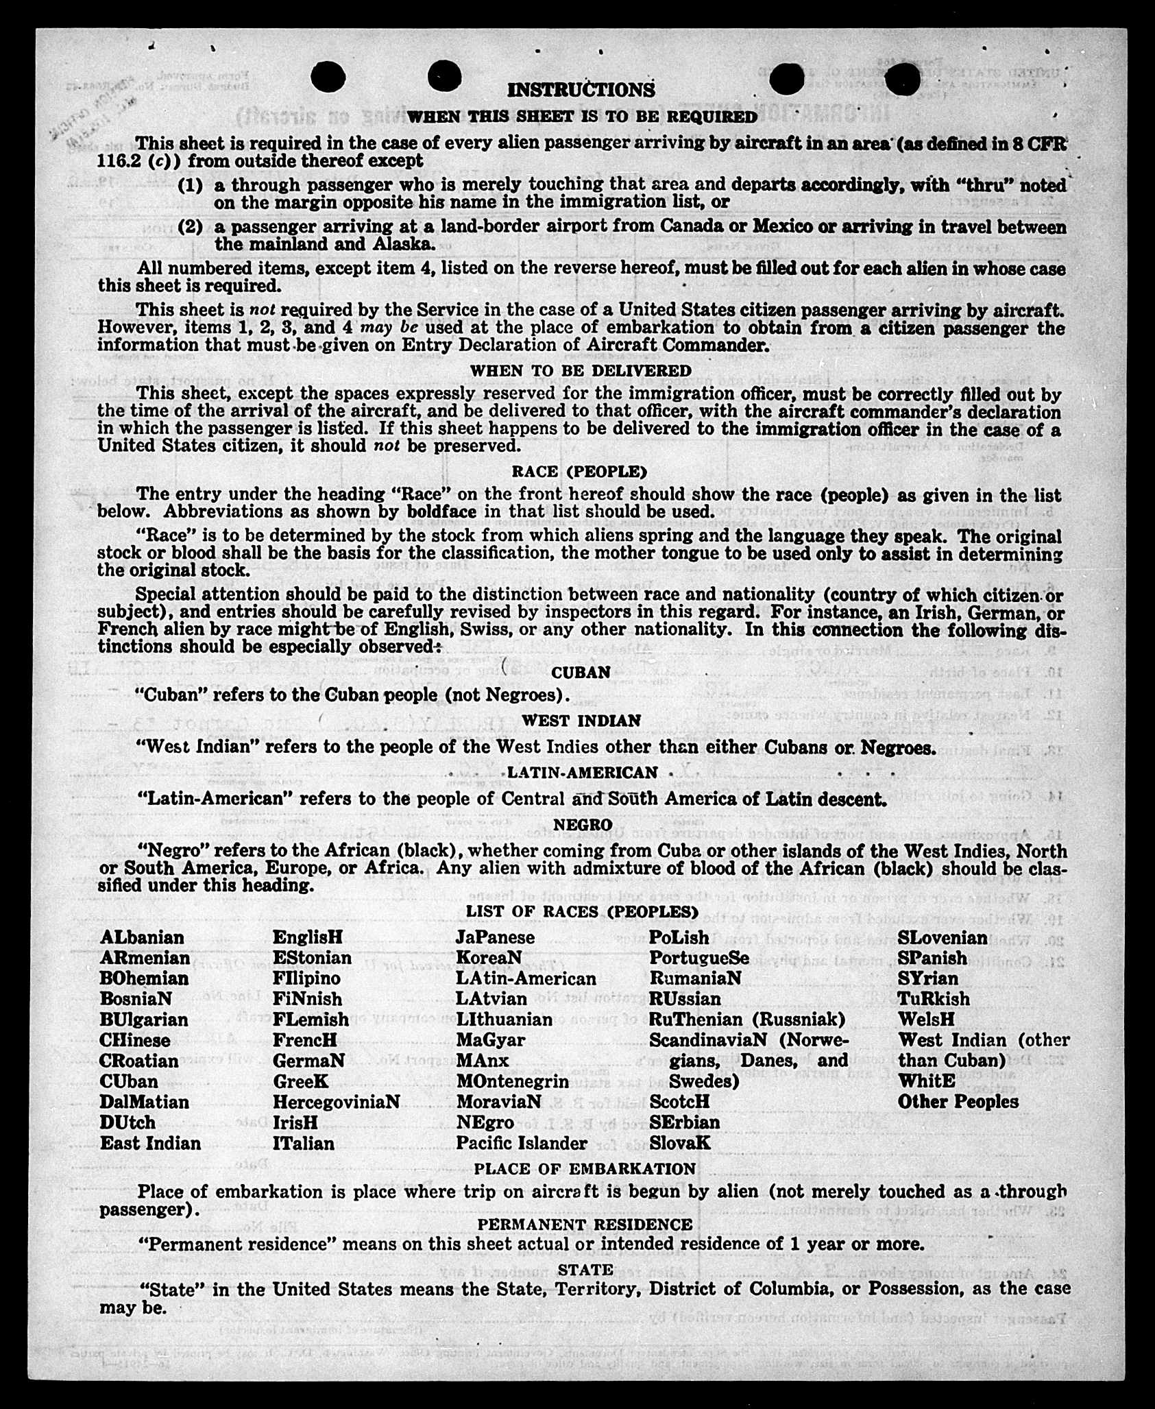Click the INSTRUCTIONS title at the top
pyautogui.click(x=581, y=90)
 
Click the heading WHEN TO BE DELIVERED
pyautogui.click(x=581, y=371)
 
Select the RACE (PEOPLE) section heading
pyautogui.click(x=579, y=472)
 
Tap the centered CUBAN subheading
pyautogui.click(x=581, y=673)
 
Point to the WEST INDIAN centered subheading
pyautogui.click(x=581, y=721)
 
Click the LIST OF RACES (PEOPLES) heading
pyautogui.click(x=582, y=912)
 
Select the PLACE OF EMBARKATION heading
pyautogui.click(x=585, y=1169)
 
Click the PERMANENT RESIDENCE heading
pyautogui.click(x=585, y=1225)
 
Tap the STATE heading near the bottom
pyautogui.click(x=585, y=1270)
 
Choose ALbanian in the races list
pyautogui.click(x=142, y=938)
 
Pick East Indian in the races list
pyautogui.click(x=150, y=1144)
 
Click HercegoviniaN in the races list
pyautogui.click(x=336, y=1103)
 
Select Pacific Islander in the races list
pyautogui.click(x=522, y=1144)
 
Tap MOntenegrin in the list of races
pyautogui.click(x=512, y=1082)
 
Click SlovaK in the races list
pyautogui.click(x=680, y=1144)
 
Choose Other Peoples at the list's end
pyautogui.click(x=958, y=1103)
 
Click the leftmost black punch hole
pyautogui.click(x=328, y=77)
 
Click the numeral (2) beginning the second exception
pyautogui.click(x=190, y=227)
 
